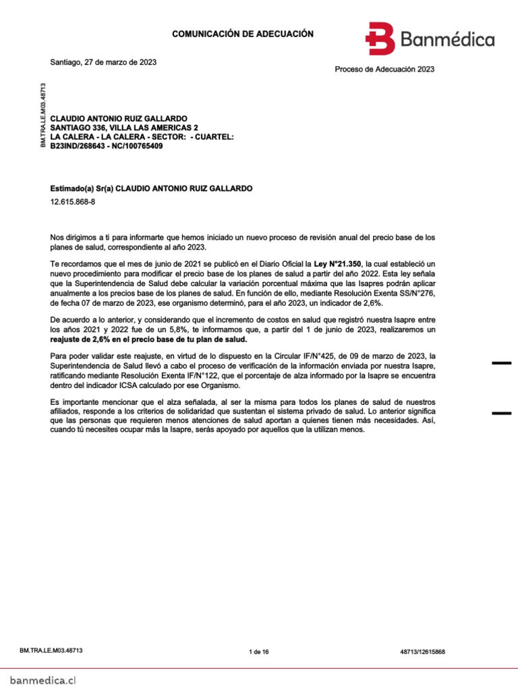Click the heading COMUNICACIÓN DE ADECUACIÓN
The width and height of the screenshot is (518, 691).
point(243,34)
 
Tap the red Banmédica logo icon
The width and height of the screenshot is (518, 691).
point(380,38)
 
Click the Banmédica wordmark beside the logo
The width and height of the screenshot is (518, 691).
point(447,40)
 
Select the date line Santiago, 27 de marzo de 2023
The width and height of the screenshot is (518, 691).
point(103,62)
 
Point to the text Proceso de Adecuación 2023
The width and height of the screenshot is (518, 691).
point(384,69)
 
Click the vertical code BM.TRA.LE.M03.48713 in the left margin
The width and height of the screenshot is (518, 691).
point(43,115)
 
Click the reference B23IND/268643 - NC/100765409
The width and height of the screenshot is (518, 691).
point(107,145)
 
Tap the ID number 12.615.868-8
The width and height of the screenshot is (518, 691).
point(73,202)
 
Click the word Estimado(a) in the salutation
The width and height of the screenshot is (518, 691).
point(72,188)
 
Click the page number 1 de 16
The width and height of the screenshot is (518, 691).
point(259,652)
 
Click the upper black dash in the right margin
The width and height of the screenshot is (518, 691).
point(501,364)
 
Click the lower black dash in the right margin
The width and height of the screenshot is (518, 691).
point(501,412)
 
